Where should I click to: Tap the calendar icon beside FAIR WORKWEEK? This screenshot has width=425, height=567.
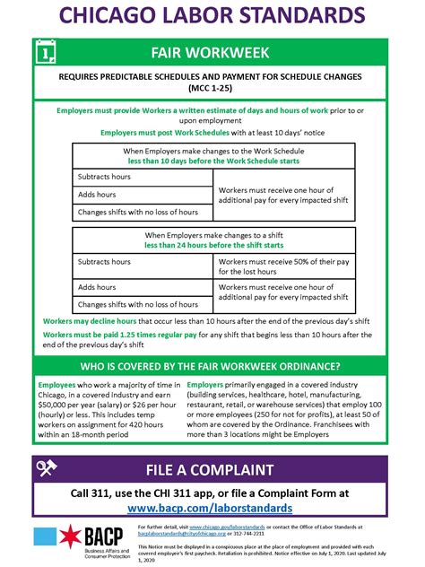pyautogui.click(x=47, y=54)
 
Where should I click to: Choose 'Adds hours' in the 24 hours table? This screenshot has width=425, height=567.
pyautogui.click(x=98, y=287)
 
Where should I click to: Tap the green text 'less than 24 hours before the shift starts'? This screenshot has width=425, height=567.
pyautogui.click(x=212, y=245)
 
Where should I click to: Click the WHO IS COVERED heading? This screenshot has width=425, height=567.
pyautogui.click(x=212, y=366)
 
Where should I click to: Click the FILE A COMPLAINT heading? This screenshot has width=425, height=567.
pyautogui.click(x=222, y=468)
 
